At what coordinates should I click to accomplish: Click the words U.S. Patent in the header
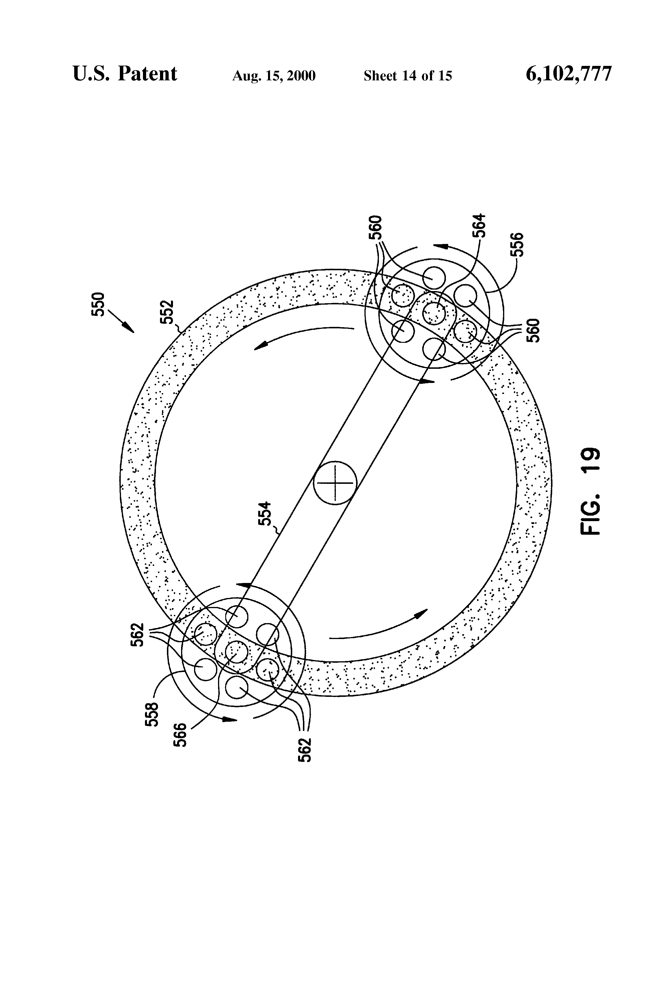tap(125, 74)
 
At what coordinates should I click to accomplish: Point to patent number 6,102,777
tap(568, 74)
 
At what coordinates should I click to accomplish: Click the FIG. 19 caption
tap(589, 491)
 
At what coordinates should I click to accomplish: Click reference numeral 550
tap(98, 304)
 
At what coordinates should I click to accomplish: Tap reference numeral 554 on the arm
tap(265, 513)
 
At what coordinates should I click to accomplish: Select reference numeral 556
tap(517, 245)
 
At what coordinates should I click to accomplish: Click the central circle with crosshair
tap(335, 483)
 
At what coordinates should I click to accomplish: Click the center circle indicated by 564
tap(434, 313)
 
